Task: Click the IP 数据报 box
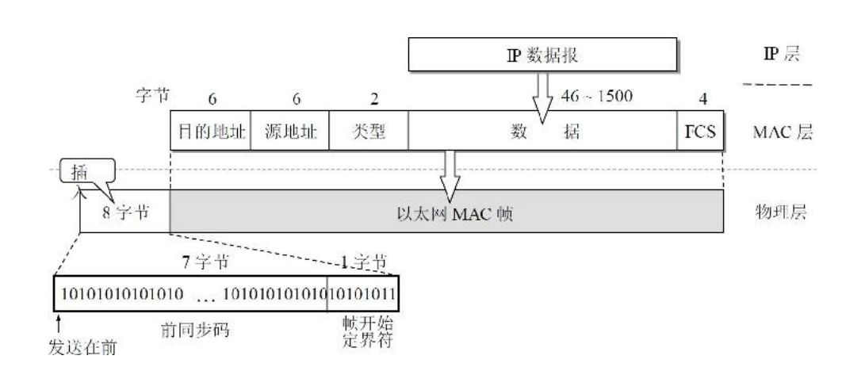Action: point(543,56)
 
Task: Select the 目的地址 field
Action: point(210,132)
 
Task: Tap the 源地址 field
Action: point(289,132)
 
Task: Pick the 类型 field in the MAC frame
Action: point(368,132)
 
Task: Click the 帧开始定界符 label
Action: point(364,335)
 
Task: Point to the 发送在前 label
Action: point(81,347)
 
